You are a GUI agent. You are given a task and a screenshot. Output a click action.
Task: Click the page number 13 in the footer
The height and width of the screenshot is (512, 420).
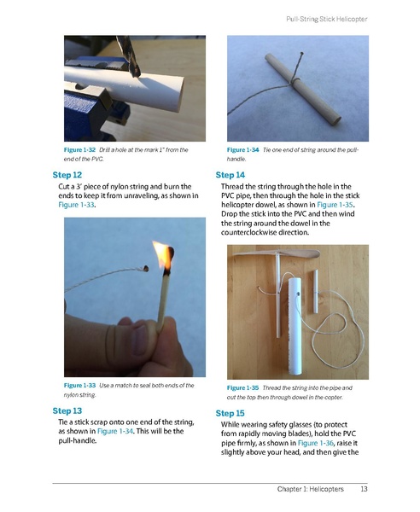[x=364, y=489]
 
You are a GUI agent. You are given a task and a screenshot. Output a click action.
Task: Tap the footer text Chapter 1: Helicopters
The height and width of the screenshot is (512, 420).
[x=310, y=489]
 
